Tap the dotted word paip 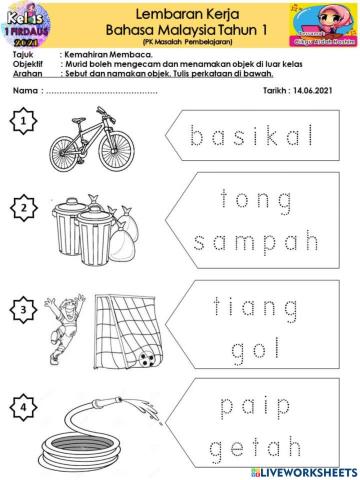pyautogui.click(x=254, y=406)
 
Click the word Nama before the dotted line pyautogui.click(x=25, y=90)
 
